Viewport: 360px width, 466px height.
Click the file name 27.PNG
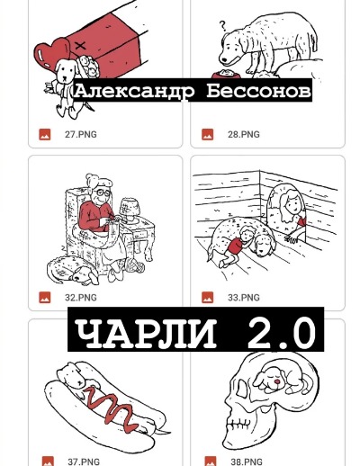[81, 134]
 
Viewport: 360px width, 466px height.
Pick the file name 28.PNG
[243, 134]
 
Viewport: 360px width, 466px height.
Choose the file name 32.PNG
[81, 297]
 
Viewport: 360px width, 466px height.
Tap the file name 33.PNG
[243, 297]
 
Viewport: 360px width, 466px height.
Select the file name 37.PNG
[84, 462]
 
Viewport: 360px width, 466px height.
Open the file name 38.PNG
[245, 462]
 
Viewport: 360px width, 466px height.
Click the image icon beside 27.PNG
[44, 134]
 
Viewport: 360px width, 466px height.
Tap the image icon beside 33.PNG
[207, 297]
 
